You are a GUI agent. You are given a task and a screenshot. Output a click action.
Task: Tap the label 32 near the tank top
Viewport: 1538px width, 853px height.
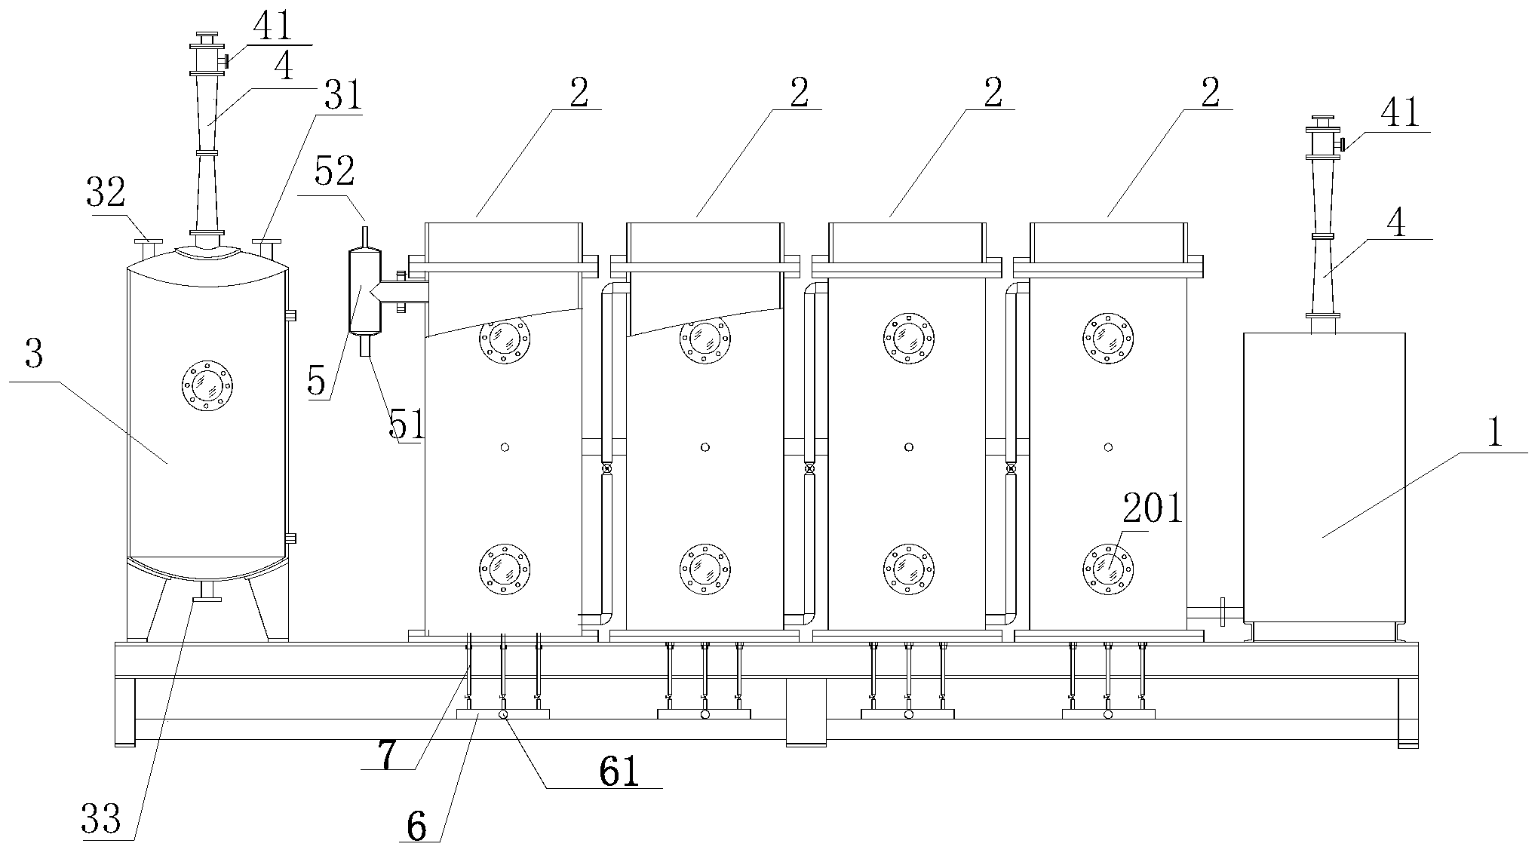point(106,193)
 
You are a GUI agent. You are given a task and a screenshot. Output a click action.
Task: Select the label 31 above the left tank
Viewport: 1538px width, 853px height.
point(343,97)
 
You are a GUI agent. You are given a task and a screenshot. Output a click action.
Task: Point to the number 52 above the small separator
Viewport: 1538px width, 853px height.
point(335,173)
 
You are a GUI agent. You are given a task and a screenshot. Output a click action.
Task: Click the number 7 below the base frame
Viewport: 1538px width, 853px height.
point(387,754)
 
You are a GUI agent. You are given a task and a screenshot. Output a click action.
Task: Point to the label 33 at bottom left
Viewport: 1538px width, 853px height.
point(102,820)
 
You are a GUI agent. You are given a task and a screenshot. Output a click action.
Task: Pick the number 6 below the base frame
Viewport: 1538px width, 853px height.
point(416,827)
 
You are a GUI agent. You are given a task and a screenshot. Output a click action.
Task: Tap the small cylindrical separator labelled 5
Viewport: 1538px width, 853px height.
point(365,291)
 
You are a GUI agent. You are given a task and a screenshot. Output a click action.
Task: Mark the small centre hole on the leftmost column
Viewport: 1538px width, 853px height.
point(505,447)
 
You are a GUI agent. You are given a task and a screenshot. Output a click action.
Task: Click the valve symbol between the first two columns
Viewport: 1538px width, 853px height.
point(605,469)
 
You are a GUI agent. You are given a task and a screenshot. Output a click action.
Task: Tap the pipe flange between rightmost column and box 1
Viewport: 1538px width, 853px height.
point(1221,611)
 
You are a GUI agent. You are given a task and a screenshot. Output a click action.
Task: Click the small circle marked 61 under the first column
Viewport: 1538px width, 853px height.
point(503,713)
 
